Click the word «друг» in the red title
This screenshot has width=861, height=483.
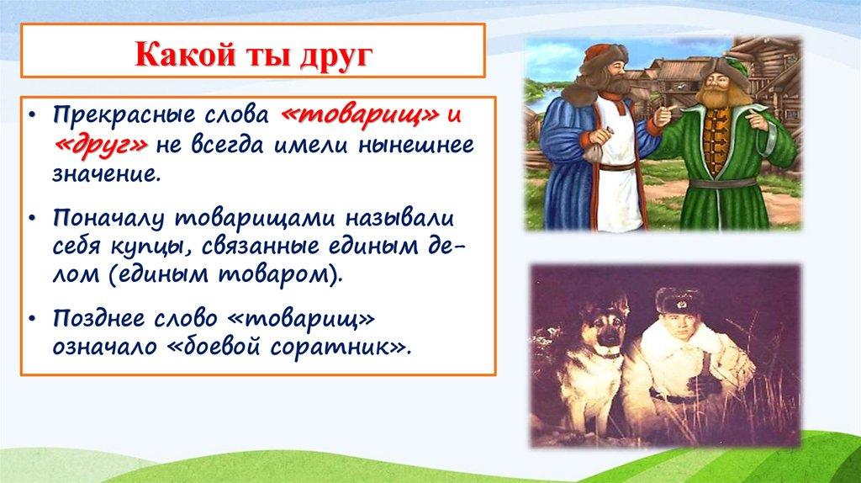[x=336, y=55]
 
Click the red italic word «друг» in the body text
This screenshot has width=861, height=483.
[x=101, y=145]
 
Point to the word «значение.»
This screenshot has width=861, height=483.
[x=107, y=173]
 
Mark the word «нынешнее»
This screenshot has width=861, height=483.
[x=416, y=145]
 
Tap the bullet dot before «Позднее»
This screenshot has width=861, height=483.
[x=33, y=319]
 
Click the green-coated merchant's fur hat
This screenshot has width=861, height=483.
[x=724, y=69]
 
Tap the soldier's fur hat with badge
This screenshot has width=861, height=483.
[x=679, y=300]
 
